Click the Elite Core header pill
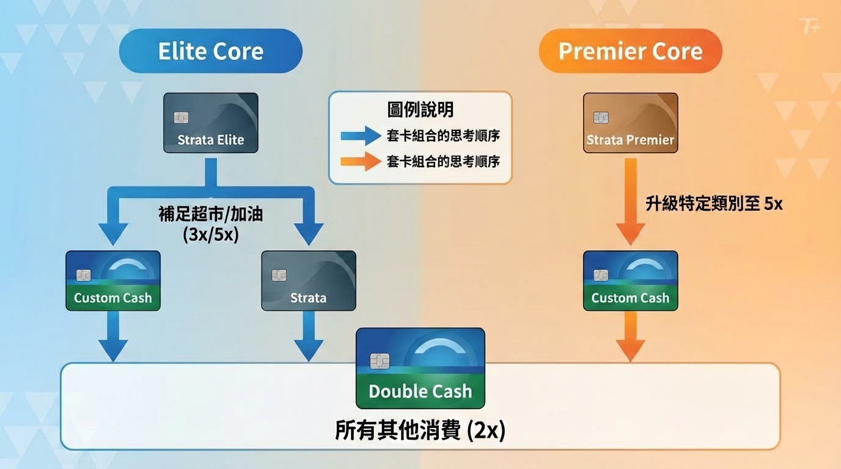[x=210, y=51]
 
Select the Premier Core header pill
[x=630, y=51]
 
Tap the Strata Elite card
[x=211, y=123]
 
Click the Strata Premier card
[x=630, y=123]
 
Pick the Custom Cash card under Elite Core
[x=113, y=281]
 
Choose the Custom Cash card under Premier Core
[x=630, y=281]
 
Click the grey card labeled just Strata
[x=309, y=281]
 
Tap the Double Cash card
[x=420, y=368]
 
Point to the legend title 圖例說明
[x=420, y=110]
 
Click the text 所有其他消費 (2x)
[x=420, y=431]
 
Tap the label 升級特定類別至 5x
[x=714, y=204]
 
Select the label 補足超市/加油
[x=210, y=215]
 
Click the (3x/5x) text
[x=210, y=234]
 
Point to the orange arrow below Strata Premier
[x=630, y=202]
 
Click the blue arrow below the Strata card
[x=309, y=335]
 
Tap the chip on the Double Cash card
[x=380, y=361]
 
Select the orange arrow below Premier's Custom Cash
[x=630, y=335]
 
